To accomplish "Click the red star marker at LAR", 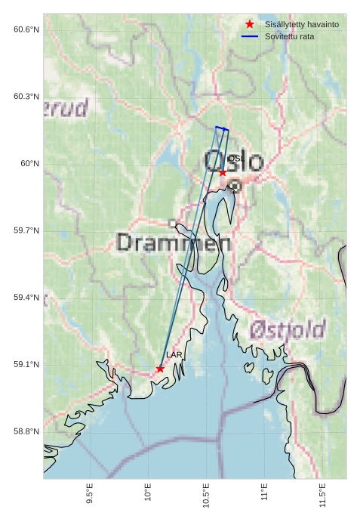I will [160, 369].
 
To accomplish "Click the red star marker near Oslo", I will [223, 173].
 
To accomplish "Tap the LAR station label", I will [174, 355].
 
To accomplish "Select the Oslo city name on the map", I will [235, 162].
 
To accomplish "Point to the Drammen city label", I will [174, 242].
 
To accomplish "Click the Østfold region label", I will [288, 330].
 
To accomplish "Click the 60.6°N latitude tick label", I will [26, 29].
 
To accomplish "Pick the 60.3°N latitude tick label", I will [26, 97].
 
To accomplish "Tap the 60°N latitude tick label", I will [30, 164].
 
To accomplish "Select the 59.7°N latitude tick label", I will [26, 230].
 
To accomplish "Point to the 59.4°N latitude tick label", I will [26, 298].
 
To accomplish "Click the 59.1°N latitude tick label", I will [26, 365].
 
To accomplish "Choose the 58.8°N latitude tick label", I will [26, 431].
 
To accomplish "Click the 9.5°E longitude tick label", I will [90, 495].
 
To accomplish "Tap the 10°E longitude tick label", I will [148, 493].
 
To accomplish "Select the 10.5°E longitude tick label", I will [206, 495].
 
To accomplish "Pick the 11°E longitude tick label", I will [264, 493].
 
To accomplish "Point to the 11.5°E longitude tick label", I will [322, 495].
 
